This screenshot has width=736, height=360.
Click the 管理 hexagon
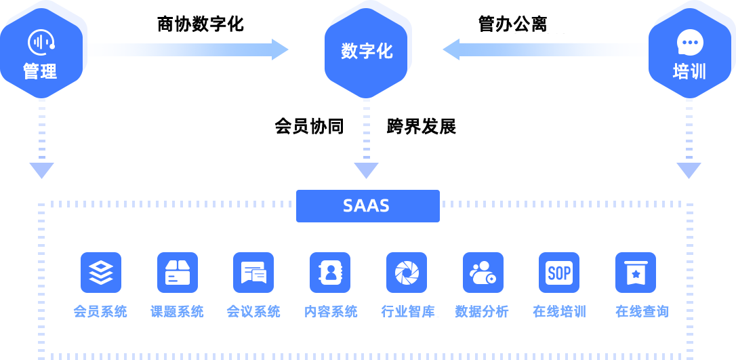click(41, 53)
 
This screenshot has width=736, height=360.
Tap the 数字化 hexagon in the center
click(366, 53)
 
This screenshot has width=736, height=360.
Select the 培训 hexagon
click(689, 53)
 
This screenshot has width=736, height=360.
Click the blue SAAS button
click(368, 205)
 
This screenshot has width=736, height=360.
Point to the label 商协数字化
click(201, 24)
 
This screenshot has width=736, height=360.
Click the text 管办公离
click(512, 24)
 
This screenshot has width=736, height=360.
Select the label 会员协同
click(309, 126)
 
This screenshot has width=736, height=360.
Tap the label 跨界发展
click(422, 126)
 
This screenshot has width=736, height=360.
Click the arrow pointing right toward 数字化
click(188, 49)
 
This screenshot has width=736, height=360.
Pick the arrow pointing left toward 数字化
click(544, 49)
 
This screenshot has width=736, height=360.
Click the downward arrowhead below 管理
click(42, 170)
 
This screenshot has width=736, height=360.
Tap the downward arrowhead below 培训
click(689, 170)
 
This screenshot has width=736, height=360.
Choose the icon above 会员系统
click(101, 273)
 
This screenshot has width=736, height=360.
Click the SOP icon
click(559, 273)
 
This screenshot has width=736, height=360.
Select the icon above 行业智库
click(407, 273)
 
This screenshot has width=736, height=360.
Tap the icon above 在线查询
click(636, 273)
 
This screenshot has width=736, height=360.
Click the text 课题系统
click(177, 312)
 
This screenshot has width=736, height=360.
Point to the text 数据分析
click(482, 312)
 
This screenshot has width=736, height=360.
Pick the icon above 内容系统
click(330, 273)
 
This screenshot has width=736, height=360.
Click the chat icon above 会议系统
click(253, 273)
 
